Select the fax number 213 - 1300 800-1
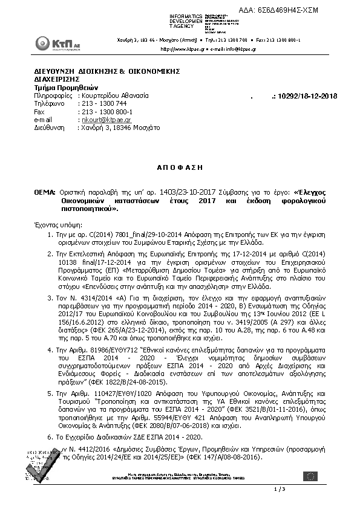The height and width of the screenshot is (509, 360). coord(107,112)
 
